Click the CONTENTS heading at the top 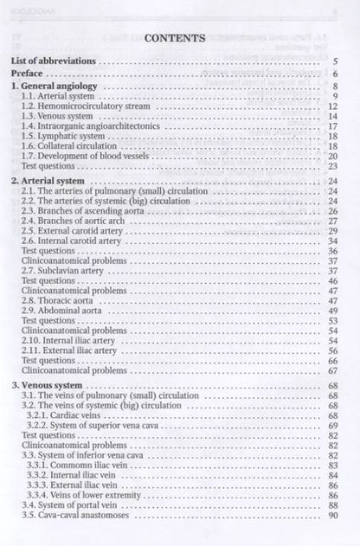click(x=174, y=38)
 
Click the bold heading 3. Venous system click(x=48, y=383)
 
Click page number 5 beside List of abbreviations click(x=335, y=62)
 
